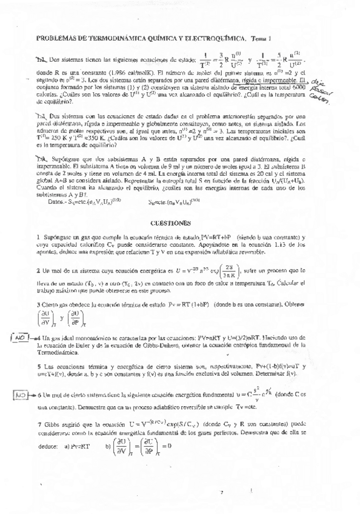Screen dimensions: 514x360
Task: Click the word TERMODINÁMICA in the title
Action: pyautogui.click(x=108, y=37)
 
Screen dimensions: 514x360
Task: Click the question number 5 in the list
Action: pyautogui.click(x=39, y=367)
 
